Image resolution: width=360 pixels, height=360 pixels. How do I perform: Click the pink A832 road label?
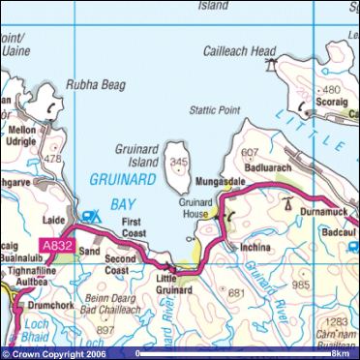57,248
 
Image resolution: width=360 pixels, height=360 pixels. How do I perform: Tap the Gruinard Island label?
142,144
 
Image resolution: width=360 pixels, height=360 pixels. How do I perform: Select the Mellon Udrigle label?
22,136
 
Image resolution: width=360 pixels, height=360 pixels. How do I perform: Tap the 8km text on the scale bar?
340,353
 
